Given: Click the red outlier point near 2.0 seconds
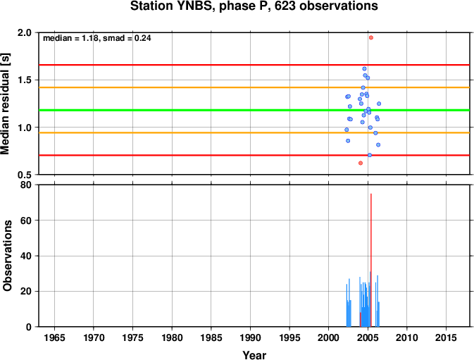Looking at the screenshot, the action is (x=371, y=37).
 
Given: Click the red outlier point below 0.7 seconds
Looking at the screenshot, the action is (x=361, y=163).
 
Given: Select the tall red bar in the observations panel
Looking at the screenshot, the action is (x=371, y=260).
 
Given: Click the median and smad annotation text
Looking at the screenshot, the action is (x=97, y=38).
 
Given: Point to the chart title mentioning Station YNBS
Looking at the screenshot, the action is (x=254, y=6).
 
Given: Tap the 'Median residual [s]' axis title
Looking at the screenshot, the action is (x=6, y=104).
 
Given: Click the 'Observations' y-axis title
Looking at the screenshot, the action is (x=6, y=256).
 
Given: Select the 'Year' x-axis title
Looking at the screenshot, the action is (x=254, y=355).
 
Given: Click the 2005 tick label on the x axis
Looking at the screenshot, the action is (x=368, y=337).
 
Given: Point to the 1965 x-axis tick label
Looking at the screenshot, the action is (x=54, y=337).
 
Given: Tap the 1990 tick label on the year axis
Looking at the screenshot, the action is (x=250, y=337).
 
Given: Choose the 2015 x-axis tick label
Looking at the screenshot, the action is (x=446, y=337).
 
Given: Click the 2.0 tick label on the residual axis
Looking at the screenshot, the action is (x=25, y=32).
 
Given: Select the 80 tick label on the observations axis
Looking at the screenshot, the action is (x=25, y=185).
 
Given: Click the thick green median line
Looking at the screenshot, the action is (x=254, y=110).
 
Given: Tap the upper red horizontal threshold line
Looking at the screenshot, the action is (x=254, y=65).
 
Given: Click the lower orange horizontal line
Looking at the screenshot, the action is (x=254, y=132).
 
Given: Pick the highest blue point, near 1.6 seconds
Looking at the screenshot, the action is (x=364, y=68).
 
